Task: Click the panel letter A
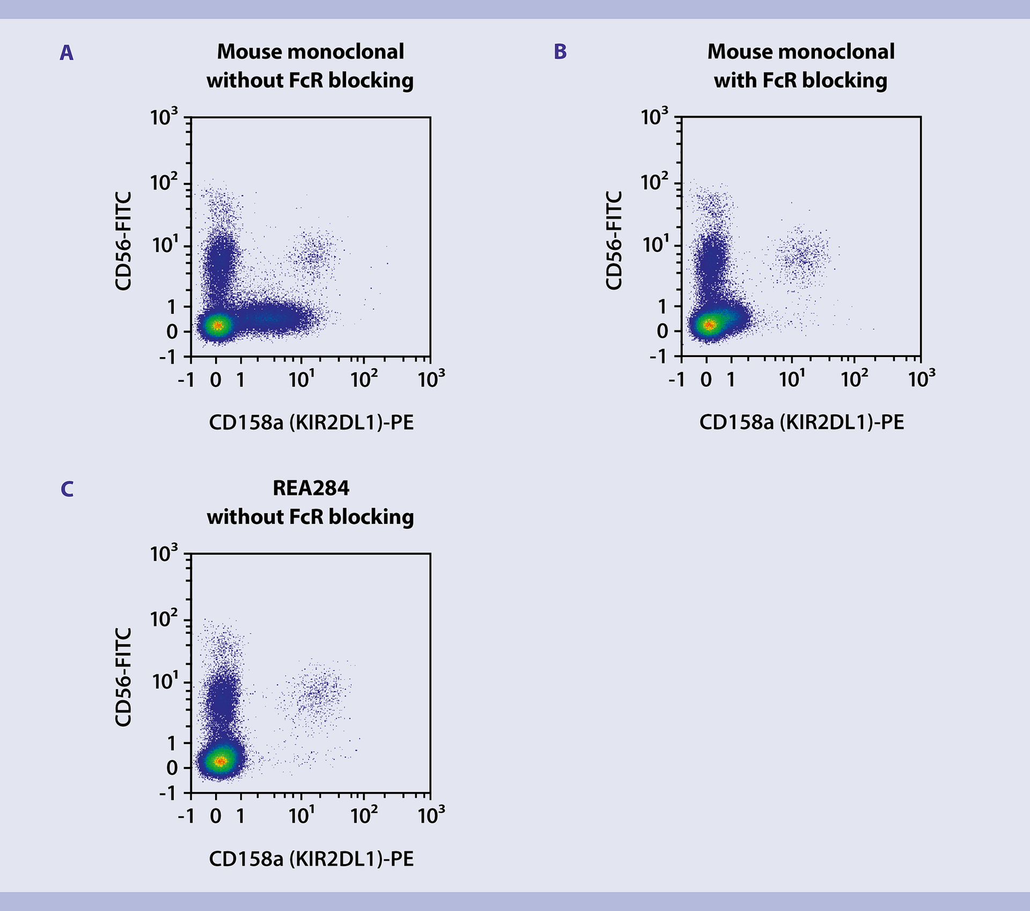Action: pyautogui.click(x=66, y=53)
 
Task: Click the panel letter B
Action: pyautogui.click(x=560, y=51)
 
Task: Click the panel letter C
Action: pyautogui.click(x=67, y=489)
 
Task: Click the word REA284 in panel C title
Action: pyautogui.click(x=311, y=488)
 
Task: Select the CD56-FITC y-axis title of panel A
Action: pyautogui.click(x=123, y=241)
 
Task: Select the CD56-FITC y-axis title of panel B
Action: pyautogui.click(x=614, y=241)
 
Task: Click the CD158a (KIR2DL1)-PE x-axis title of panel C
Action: pyautogui.click(x=311, y=859)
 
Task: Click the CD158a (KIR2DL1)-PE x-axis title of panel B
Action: pyautogui.click(x=801, y=422)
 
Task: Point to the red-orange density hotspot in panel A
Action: pyautogui.click(x=217, y=325)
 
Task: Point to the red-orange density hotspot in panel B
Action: pyautogui.click(x=709, y=324)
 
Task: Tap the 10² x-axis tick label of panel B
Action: pyautogui.click(x=854, y=379)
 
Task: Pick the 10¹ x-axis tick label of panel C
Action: pyautogui.click(x=301, y=816)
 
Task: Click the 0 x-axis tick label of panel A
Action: pyautogui.click(x=216, y=380)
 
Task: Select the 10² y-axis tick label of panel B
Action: pyautogui.click(x=654, y=182)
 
